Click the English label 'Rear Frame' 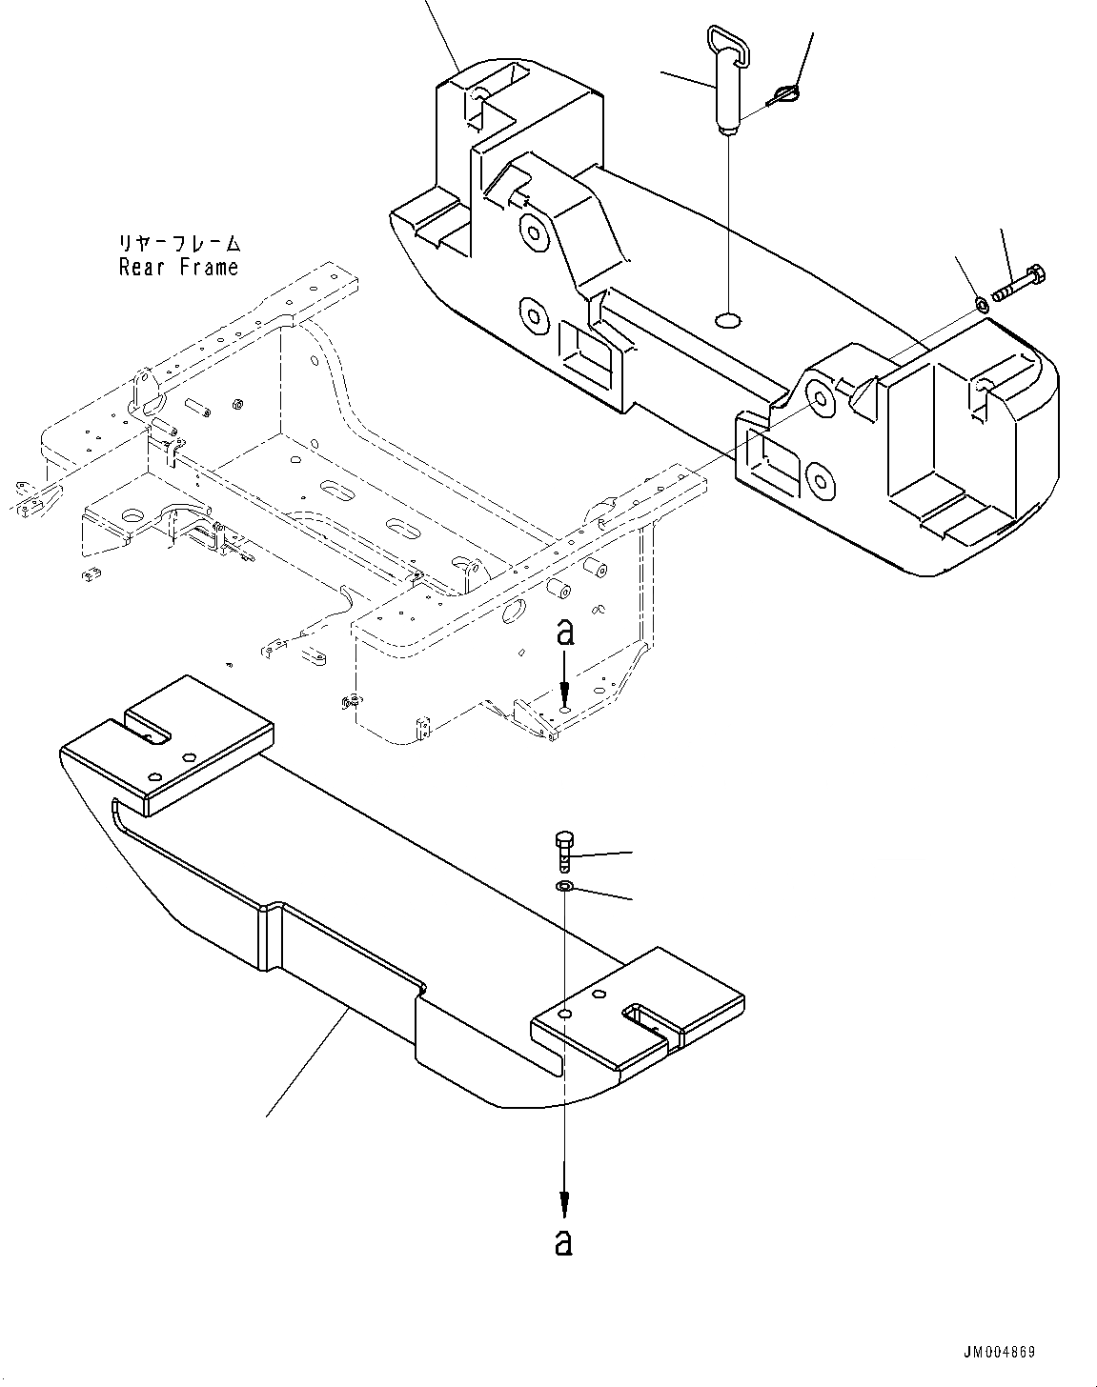[x=178, y=268]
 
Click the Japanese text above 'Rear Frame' [x=179, y=244]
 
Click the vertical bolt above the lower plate [x=562, y=851]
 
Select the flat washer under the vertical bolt [x=564, y=888]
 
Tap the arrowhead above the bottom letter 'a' [x=564, y=1203]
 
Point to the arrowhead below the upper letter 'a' [x=565, y=694]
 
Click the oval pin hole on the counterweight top [x=729, y=319]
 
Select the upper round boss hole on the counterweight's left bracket [x=530, y=231]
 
